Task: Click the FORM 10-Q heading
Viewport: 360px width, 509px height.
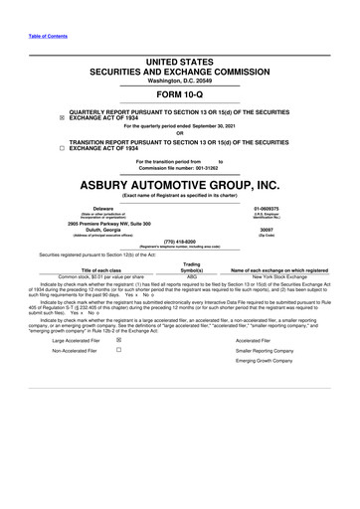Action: (x=180, y=96)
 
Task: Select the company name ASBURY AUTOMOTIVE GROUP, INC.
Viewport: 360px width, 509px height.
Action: (x=180, y=184)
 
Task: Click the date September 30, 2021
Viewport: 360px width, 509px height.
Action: (x=228, y=126)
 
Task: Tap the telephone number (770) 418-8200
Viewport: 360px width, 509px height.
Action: (x=179, y=239)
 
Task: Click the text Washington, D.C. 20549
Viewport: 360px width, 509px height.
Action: (x=180, y=80)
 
